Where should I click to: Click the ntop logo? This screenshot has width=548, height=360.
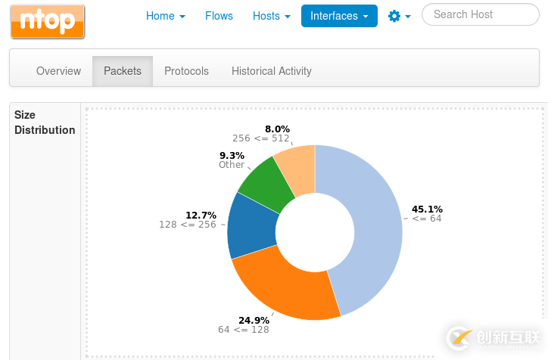click(x=47, y=21)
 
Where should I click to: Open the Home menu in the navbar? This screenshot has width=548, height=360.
click(x=165, y=16)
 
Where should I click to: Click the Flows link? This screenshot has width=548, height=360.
click(x=219, y=16)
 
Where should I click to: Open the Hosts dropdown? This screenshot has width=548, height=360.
click(x=271, y=16)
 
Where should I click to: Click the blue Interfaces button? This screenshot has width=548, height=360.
click(x=338, y=16)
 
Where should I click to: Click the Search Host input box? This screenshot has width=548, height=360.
click(x=480, y=14)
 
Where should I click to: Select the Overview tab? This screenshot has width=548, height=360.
click(x=58, y=71)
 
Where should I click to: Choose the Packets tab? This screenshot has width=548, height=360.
click(x=123, y=71)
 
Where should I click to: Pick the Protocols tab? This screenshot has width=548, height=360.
click(x=186, y=71)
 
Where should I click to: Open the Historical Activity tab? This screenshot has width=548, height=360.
click(x=271, y=71)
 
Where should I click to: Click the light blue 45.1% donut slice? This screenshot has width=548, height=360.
click(x=371, y=227)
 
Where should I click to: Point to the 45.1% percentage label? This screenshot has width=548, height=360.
click(x=427, y=209)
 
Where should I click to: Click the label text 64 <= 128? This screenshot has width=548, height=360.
click(x=243, y=330)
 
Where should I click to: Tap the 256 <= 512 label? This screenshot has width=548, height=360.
click(x=260, y=138)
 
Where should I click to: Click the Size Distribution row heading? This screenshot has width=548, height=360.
click(x=45, y=123)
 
